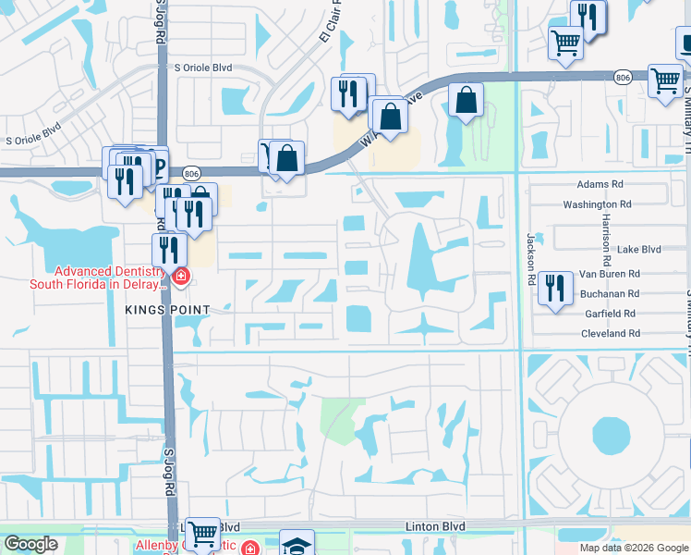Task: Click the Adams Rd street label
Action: click(x=599, y=185)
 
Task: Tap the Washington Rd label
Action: click(x=598, y=203)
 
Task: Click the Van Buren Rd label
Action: click(x=611, y=274)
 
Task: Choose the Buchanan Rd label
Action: click(x=610, y=293)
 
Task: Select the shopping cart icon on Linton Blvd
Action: click(x=202, y=534)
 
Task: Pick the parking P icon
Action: click(x=158, y=166)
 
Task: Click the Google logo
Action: click(x=30, y=544)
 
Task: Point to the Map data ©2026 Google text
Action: click(x=634, y=548)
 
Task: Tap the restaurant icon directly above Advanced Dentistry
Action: click(x=169, y=249)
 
